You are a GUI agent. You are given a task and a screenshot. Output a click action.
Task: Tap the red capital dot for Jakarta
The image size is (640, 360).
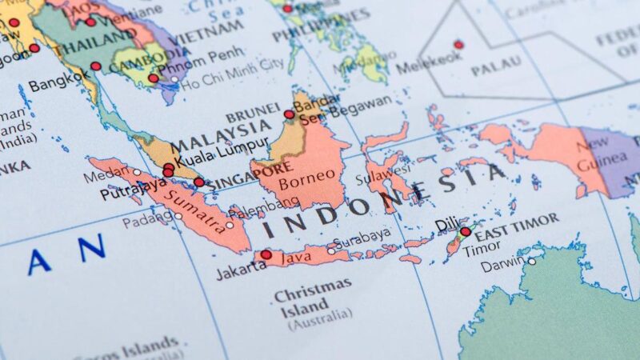(266, 255)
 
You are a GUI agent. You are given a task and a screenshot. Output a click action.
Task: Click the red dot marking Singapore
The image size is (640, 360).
(199, 182)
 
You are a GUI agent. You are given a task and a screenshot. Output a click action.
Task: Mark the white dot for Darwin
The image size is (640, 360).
(531, 261)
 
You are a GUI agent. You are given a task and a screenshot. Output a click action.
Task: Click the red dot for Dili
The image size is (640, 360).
(466, 231)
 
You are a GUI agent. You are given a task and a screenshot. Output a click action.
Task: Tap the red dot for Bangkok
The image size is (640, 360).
(96, 66)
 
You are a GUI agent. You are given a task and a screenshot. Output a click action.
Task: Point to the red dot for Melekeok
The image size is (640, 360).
(458, 45)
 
